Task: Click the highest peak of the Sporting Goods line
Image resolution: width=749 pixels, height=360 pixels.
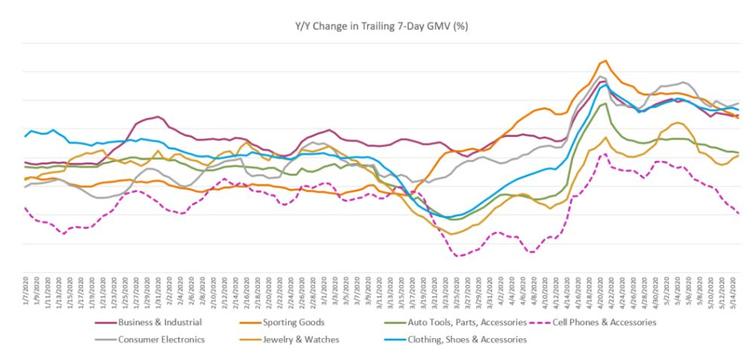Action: point(604,61)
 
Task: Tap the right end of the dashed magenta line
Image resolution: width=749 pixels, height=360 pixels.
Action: point(738,213)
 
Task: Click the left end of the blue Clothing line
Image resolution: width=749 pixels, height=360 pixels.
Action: point(25,136)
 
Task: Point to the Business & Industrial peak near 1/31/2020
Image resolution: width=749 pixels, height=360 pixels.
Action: point(158,116)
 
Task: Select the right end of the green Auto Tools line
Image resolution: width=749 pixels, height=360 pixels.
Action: point(738,152)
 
